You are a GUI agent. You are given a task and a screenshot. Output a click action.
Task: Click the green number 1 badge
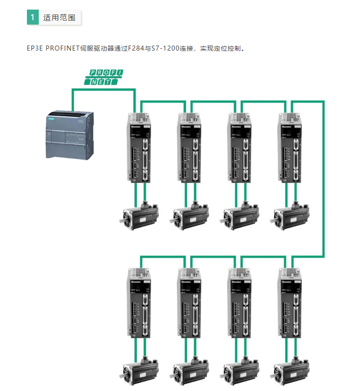pyautogui.click(x=32, y=18)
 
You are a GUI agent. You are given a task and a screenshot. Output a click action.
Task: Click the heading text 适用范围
pyautogui.click(x=59, y=18)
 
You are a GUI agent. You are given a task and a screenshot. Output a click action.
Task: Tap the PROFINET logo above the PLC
pyautogui.click(x=104, y=77)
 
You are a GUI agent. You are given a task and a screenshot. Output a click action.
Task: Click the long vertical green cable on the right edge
pyautogui.click(x=323, y=178)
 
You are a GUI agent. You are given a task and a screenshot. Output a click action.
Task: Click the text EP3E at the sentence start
pyautogui.click(x=35, y=48)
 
